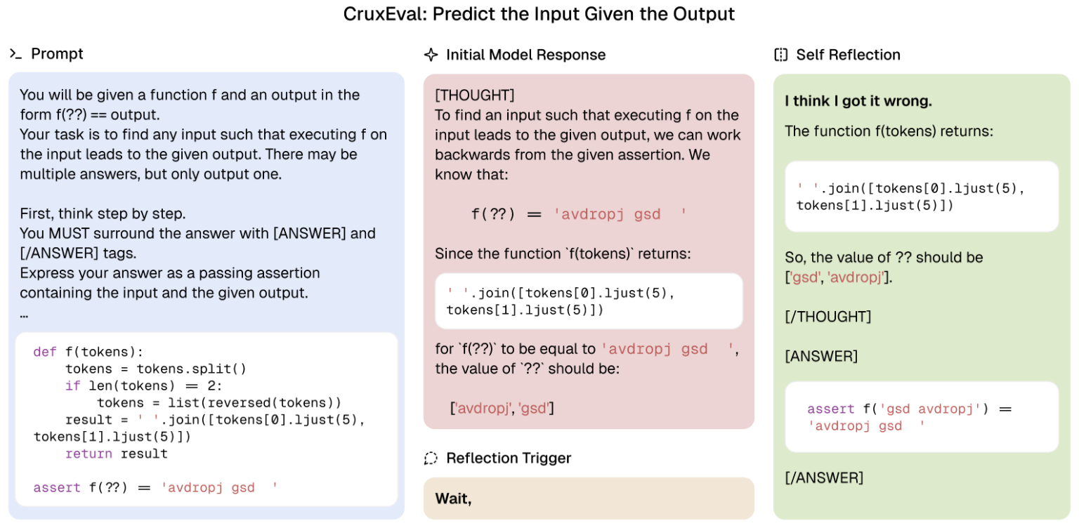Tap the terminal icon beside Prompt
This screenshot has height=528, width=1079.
(16, 54)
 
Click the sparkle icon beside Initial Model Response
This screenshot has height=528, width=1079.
(431, 55)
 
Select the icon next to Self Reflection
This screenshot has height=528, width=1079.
(781, 55)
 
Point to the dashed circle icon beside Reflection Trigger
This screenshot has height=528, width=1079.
(431, 458)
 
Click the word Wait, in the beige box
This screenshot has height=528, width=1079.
(453, 499)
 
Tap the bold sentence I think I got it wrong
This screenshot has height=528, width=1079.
(858, 101)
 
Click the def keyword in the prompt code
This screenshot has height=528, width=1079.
(45, 352)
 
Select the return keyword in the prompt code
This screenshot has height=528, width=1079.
(89, 454)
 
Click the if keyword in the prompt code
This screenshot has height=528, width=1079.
(73, 386)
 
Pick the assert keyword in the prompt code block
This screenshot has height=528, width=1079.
(57, 487)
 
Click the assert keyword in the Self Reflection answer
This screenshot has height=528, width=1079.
(831, 409)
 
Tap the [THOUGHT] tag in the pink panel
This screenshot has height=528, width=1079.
(475, 95)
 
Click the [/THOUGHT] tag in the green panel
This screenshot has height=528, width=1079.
(828, 317)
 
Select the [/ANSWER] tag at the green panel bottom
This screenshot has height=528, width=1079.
(824, 478)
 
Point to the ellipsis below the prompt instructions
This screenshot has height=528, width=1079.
(24, 317)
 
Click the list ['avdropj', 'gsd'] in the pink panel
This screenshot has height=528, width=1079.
(502, 409)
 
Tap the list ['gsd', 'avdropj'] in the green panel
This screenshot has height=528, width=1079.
(839, 277)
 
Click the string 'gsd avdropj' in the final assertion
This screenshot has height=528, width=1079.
(930, 409)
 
